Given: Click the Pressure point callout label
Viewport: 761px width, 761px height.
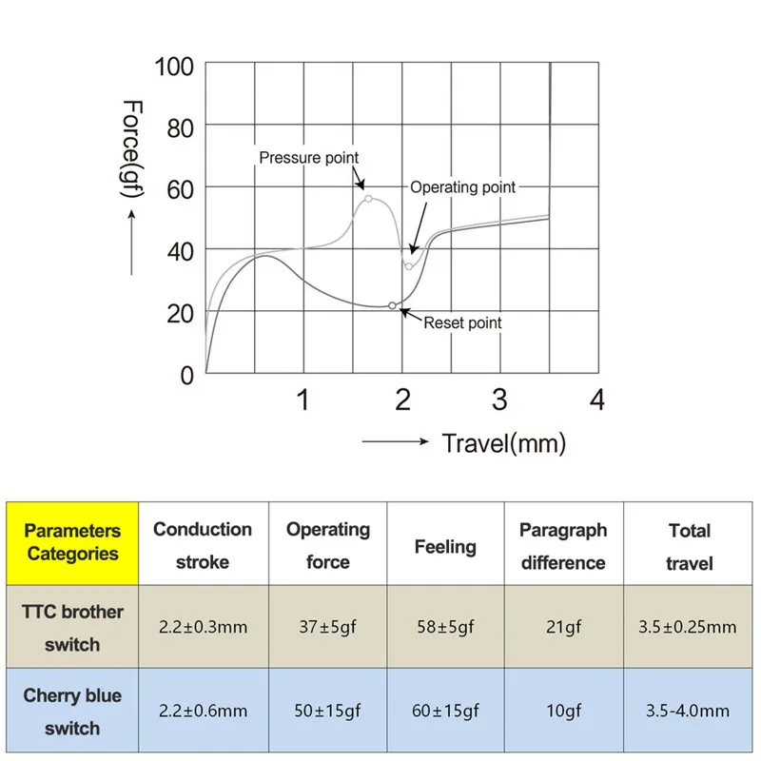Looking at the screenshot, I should click(309, 157).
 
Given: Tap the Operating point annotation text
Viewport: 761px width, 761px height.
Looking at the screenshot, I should click(462, 187).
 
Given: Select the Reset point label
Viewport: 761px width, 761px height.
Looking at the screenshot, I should click(462, 322).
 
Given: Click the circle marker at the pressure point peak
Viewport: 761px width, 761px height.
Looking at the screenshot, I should click(368, 199).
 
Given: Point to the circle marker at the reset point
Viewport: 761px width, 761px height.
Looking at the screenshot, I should click(392, 305).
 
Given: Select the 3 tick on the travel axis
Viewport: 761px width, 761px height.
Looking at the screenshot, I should click(499, 400).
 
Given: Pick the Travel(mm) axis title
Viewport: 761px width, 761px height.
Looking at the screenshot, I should click(503, 442).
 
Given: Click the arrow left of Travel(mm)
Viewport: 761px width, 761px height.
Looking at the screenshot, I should click(397, 442).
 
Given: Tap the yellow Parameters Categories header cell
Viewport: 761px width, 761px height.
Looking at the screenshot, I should click(72, 542).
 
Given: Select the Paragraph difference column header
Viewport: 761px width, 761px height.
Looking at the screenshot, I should click(563, 546).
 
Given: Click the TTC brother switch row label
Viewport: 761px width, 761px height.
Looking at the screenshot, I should click(72, 628).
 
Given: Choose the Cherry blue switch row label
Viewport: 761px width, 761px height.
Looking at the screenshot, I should click(72, 712).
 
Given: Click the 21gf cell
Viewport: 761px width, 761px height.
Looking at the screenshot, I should click(563, 628).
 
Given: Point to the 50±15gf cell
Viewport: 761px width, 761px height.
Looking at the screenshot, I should click(328, 711).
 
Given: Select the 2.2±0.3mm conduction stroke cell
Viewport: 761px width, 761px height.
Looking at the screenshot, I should click(203, 628).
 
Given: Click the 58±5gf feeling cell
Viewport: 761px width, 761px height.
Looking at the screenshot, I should click(445, 628).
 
